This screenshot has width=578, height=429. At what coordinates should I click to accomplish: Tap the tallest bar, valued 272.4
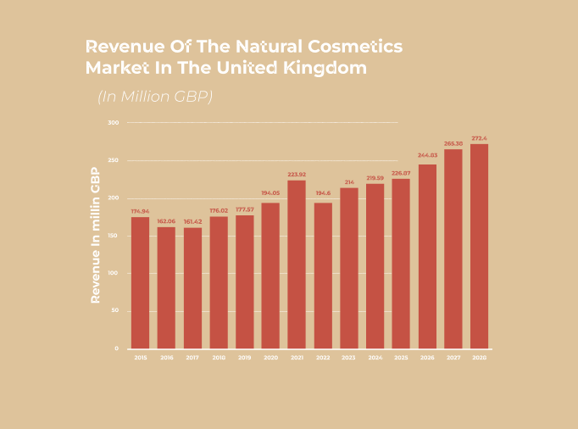(x=479, y=246)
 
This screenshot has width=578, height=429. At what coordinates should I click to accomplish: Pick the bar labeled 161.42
(x=192, y=287)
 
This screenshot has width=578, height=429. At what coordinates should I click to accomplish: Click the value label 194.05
(x=270, y=193)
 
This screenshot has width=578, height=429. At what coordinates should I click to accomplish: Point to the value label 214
(x=348, y=181)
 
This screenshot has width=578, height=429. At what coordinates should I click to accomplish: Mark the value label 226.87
(x=401, y=173)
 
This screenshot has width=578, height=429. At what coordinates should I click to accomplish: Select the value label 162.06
(x=166, y=220)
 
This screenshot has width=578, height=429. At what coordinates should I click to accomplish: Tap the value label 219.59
(x=375, y=177)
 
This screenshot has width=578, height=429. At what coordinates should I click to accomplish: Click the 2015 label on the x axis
(x=140, y=358)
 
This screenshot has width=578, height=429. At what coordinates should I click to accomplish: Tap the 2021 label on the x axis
(x=297, y=358)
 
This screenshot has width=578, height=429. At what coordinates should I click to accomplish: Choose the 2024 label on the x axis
(x=375, y=358)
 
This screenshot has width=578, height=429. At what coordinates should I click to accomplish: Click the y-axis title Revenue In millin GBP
(x=96, y=235)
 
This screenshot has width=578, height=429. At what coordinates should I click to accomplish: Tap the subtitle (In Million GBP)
(x=154, y=96)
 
